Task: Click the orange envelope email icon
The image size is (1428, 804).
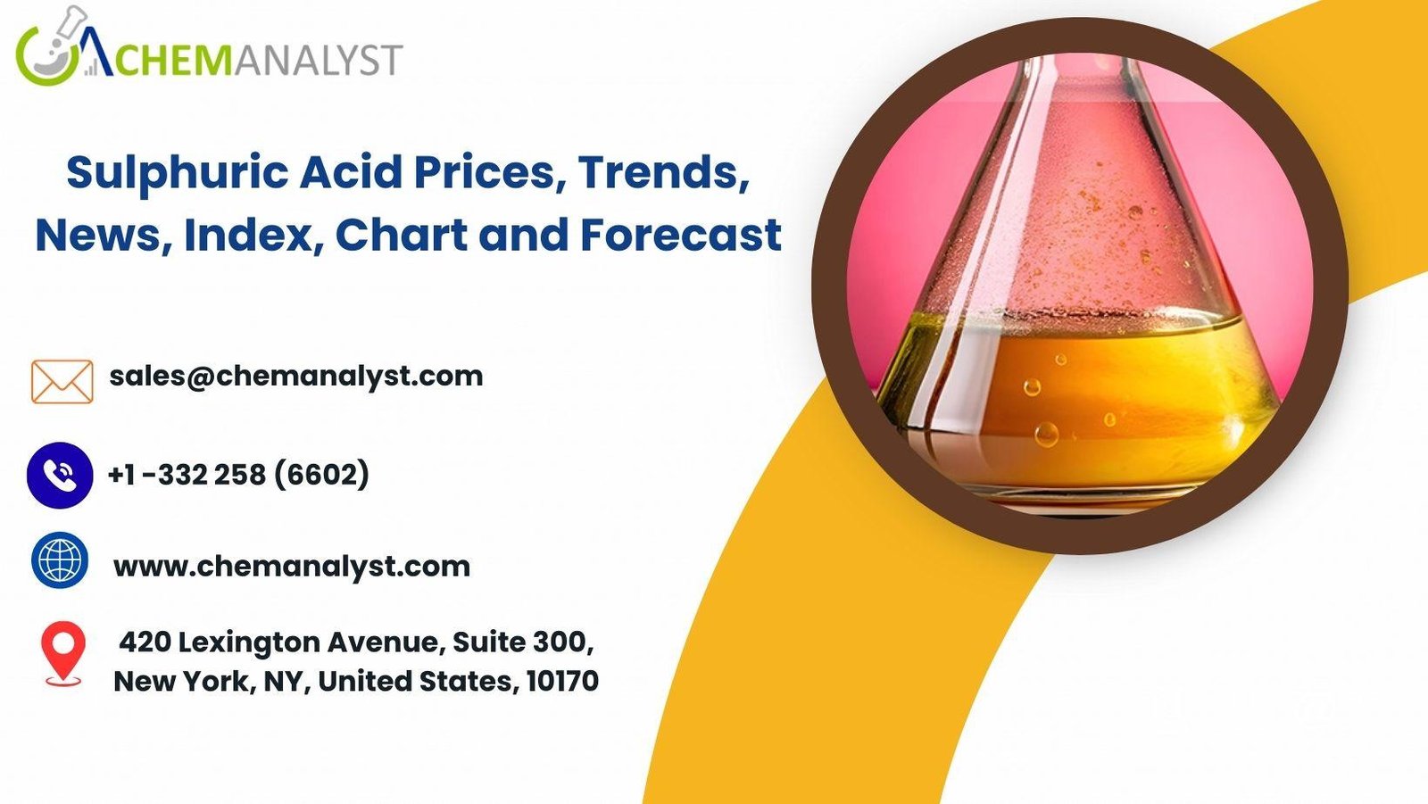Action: point(62,381)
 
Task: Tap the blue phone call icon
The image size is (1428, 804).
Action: point(60,475)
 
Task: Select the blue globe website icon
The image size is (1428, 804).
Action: point(60,559)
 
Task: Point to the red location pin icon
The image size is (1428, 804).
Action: point(63,653)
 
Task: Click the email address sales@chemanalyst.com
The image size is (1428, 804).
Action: point(295,377)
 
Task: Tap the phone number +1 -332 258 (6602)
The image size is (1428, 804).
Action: point(238,475)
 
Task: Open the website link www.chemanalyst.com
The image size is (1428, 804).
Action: point(292,566)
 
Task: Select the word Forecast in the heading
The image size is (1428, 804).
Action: point(681,235)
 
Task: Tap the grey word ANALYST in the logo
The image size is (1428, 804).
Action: point(316,60)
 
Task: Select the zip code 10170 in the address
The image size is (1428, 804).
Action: point(563,681)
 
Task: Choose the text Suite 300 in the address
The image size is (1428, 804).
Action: point(523,642)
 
